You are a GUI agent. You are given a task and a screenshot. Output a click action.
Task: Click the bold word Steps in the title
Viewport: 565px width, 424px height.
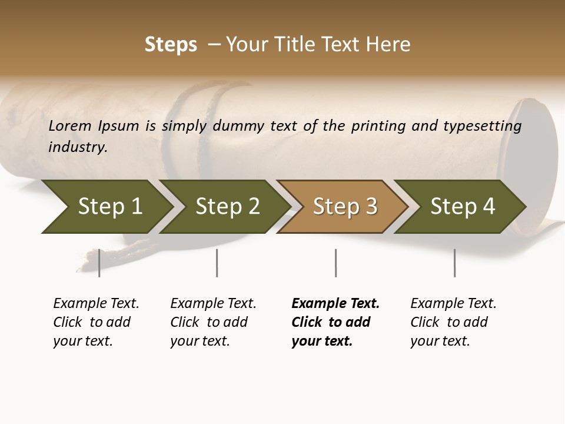171,45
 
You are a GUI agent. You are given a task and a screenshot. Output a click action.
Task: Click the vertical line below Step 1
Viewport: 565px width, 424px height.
99,263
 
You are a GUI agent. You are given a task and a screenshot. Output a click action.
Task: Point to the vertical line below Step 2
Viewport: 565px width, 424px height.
217,263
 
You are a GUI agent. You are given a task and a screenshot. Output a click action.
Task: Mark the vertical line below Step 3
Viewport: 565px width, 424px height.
335,263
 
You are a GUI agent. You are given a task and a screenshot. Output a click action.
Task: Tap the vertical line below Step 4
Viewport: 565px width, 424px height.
454,263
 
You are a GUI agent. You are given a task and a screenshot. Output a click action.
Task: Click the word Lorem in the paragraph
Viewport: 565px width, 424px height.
70,126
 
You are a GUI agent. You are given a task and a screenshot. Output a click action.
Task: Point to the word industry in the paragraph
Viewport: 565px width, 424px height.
78,147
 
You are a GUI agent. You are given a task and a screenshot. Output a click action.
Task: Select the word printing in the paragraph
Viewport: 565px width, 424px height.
384,126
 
